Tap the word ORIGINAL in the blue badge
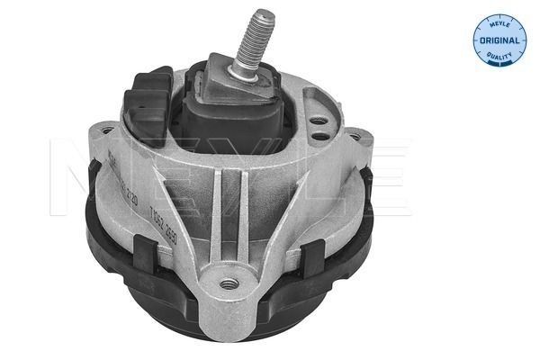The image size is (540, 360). tap(499, 42)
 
